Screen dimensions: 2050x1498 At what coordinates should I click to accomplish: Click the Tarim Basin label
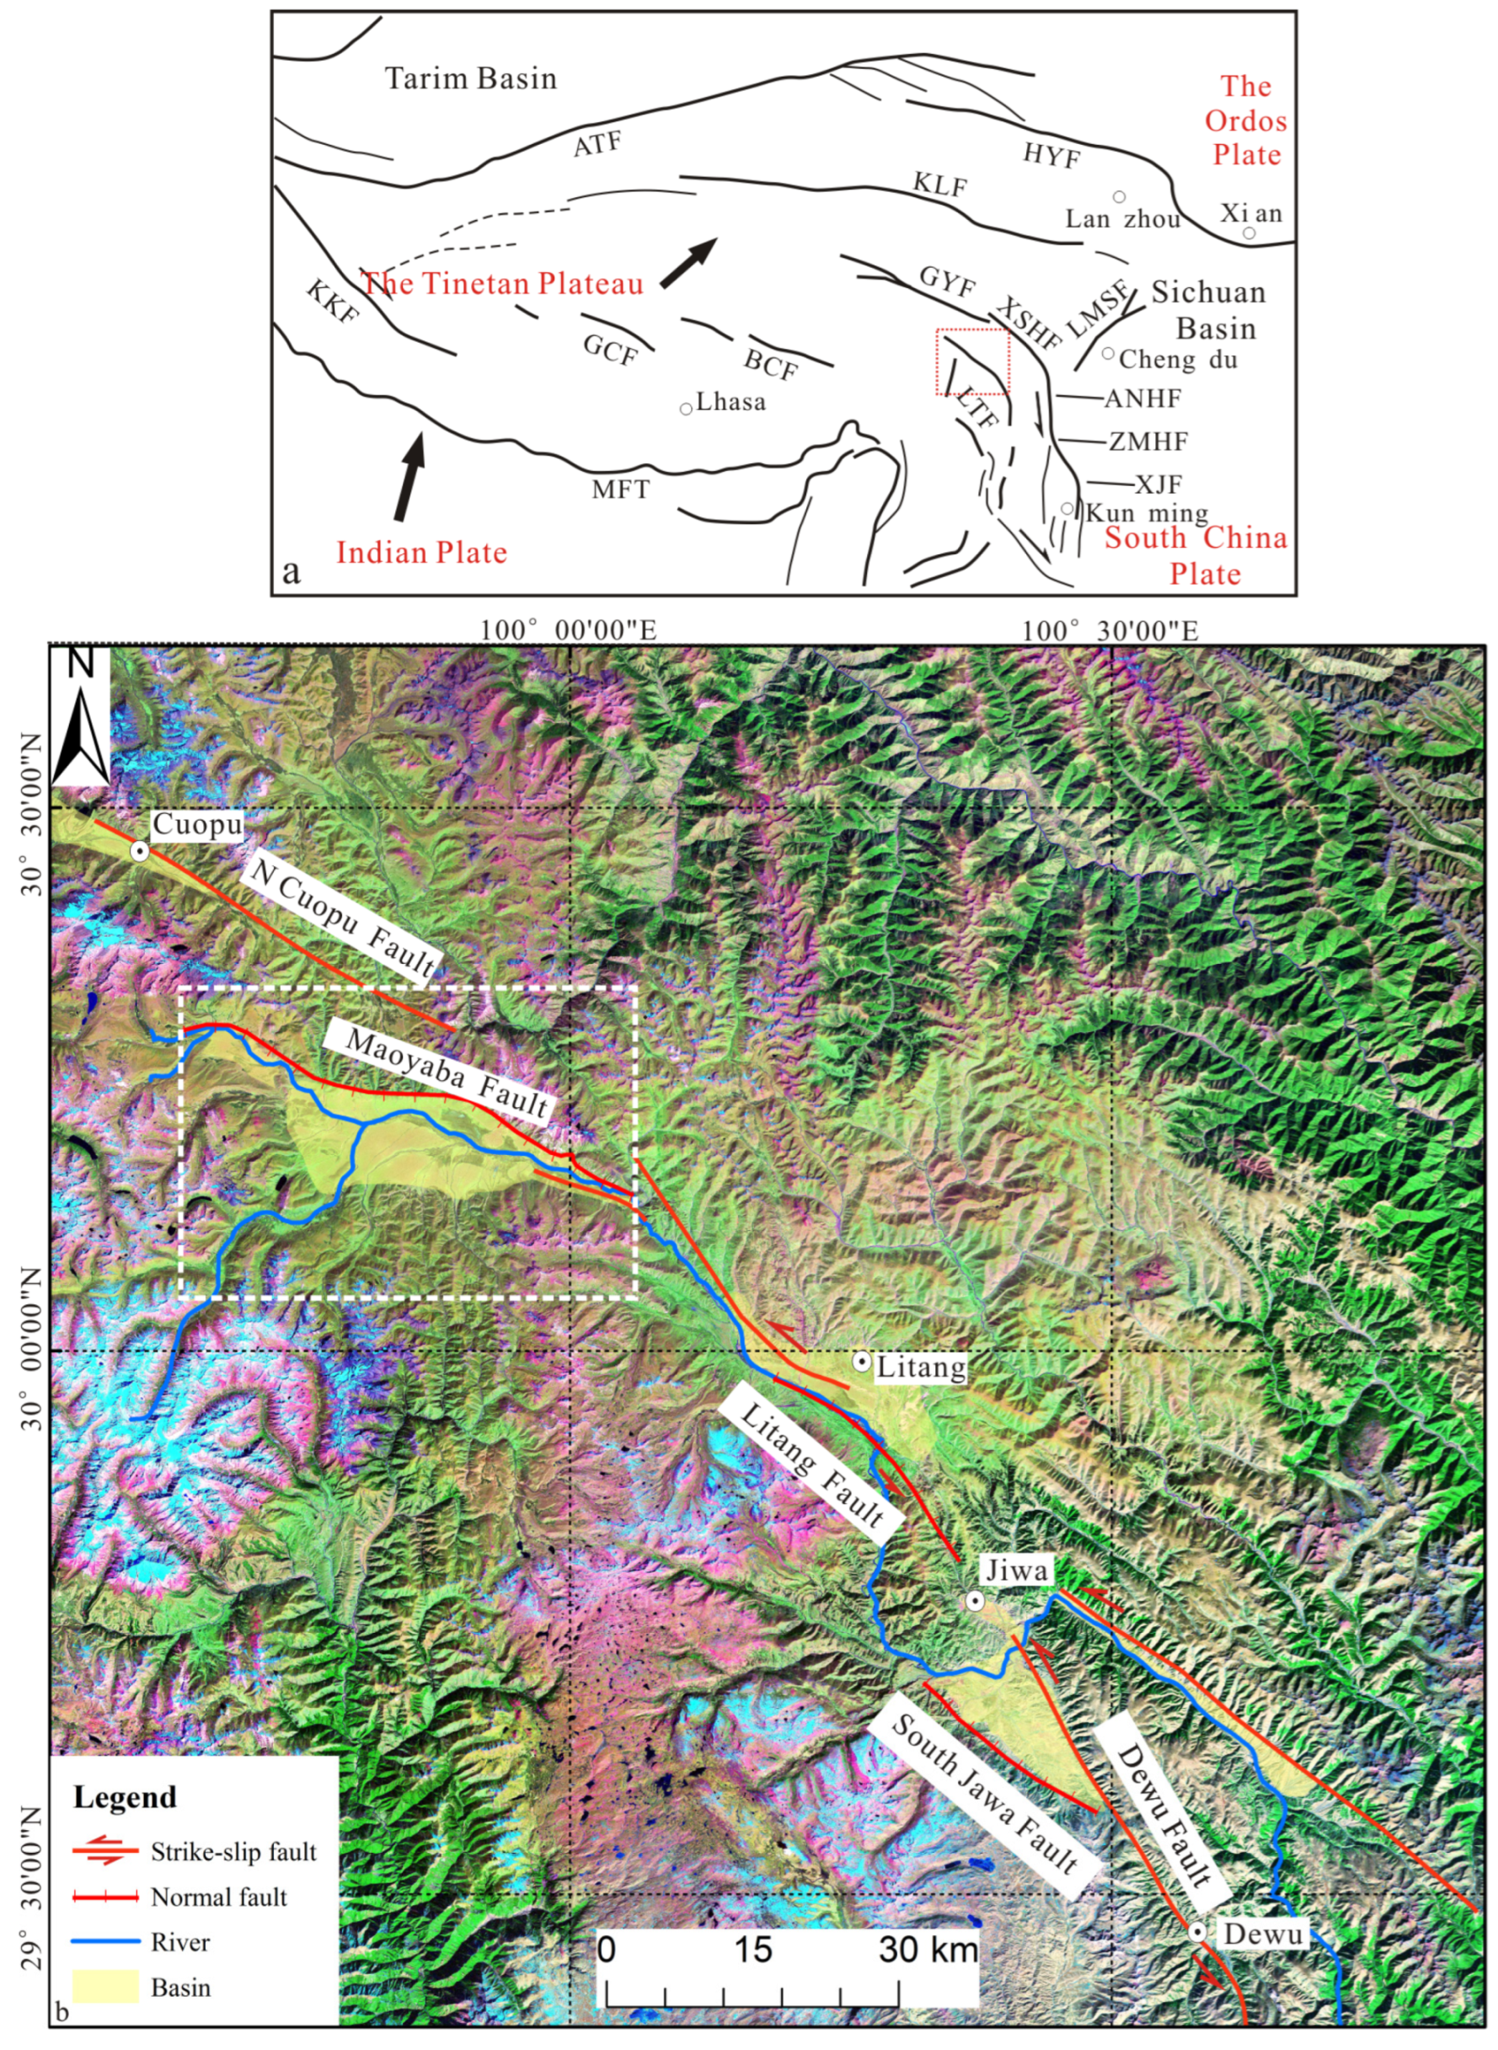(x=471, y=78)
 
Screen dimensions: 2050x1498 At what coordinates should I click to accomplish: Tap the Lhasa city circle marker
(x=687, y=408)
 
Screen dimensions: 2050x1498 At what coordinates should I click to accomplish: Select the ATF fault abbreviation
(x=597, y=144)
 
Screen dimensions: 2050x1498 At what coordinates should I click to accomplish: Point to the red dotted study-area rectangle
(x=972, y=361)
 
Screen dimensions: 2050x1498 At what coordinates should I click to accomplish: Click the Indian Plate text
(x=420, y=552)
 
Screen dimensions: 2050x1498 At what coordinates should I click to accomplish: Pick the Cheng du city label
(x=1177, y=360)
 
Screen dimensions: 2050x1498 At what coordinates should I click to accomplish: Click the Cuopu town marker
(x=140, y=850)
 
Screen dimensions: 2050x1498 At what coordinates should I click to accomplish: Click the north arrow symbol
(x=81, y=720)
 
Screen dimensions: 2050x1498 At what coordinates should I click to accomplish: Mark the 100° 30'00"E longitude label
(x=1110, y=630)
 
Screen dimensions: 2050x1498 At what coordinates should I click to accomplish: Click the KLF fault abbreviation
(x=939, y=187)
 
